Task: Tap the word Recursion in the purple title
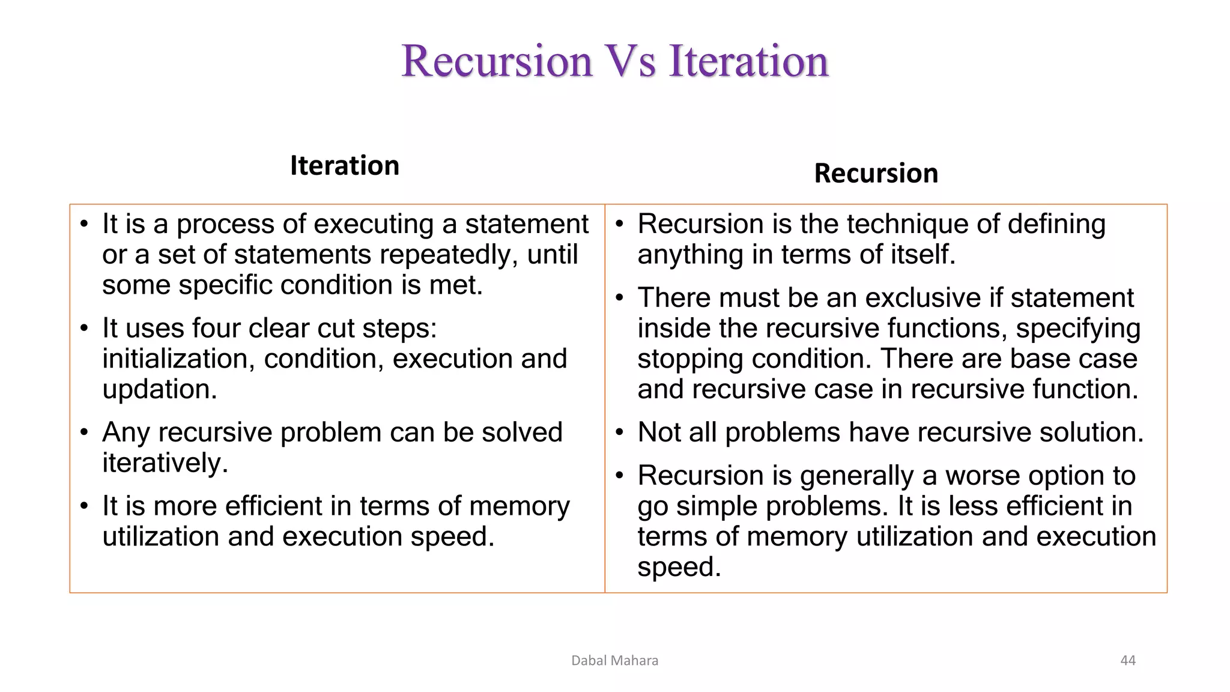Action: [x=497, y=61]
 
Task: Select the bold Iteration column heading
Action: [x=345, y=165]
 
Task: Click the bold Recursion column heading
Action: [x=876, y=173]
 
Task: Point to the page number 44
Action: [x=1128, y=660]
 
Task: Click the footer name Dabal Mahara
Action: [x=614, y=660]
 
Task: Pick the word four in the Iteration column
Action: [x=216, y=328]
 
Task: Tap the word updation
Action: [x=159, y=389]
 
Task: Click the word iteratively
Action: [x=165, y=463]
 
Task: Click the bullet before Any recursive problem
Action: [x=84, y=432]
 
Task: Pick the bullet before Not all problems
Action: [x=620, y=432]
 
